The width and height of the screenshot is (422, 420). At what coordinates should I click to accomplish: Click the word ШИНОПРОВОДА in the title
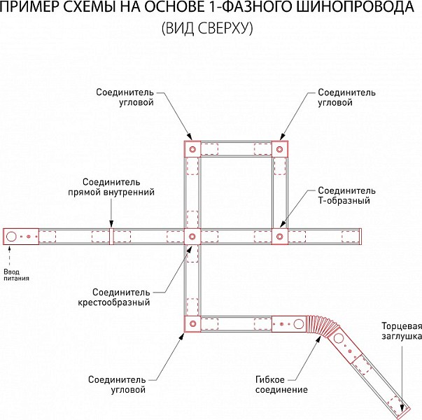(353, 7)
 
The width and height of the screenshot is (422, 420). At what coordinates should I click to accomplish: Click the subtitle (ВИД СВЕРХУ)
(208, 28)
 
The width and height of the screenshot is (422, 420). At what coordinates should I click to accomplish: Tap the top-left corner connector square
(192, 149)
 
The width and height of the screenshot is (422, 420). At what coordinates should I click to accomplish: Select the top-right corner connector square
(280, 149)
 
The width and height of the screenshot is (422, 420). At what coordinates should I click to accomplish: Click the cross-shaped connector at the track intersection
(192, 237)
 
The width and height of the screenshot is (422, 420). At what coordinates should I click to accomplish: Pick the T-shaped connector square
(280, 237)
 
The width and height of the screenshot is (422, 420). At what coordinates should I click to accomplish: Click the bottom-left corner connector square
(192, 324)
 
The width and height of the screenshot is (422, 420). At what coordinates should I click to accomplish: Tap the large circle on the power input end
(11, 237)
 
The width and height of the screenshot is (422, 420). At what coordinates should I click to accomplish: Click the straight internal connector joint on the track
(111, 237)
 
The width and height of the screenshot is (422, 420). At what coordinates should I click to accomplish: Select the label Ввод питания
(16, 275)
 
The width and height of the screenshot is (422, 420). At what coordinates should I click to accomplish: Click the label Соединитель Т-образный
(346, 195)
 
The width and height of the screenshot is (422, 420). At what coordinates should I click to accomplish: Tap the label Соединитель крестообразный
(114, 297)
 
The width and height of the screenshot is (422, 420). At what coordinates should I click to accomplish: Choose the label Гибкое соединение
(281, 384)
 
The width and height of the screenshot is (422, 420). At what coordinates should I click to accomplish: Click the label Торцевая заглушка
(402, 331)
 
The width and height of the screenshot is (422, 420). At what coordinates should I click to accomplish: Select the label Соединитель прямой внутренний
(111, 187)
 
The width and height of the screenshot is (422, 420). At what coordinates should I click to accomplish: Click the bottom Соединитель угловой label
(117, 384)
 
